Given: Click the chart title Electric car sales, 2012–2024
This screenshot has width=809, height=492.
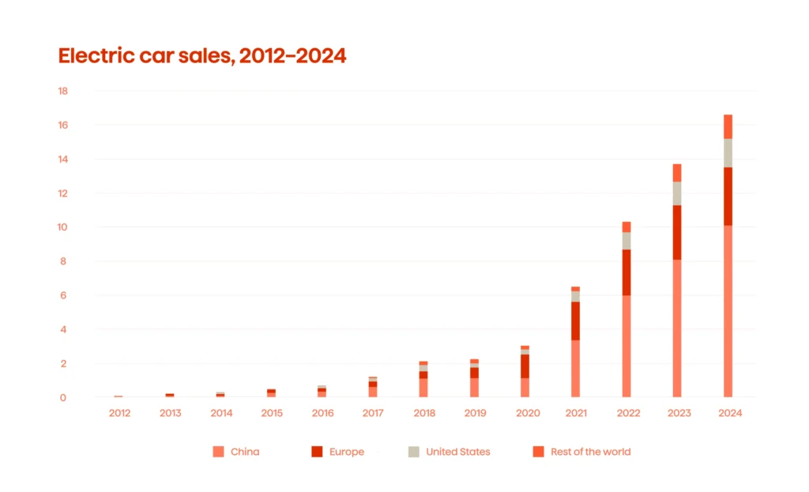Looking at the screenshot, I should coord(202,56).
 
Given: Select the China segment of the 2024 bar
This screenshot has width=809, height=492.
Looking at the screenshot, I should coord(728,311).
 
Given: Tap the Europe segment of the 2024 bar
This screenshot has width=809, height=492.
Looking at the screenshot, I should coord(728,197).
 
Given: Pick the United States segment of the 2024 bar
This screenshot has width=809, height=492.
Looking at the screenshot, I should coord(728,153).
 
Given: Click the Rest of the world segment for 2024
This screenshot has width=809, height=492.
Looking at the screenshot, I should coord(728,126).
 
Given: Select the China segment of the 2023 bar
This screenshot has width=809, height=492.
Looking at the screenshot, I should coord(677,328).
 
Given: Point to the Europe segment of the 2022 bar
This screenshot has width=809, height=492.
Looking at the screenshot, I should coord(627,272).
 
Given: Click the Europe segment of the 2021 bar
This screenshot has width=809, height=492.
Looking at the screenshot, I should coord(575,321).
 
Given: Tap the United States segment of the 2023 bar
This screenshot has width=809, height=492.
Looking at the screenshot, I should coord(677,193).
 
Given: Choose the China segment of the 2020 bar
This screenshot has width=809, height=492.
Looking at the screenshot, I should coord(525,387).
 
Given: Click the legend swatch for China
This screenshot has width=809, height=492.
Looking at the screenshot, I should coord(219,452).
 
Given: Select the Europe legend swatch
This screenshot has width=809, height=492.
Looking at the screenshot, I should coord(317,452).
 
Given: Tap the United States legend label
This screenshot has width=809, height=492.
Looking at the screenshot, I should coord(457,452).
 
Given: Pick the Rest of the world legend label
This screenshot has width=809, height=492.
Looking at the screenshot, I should coord(592,452).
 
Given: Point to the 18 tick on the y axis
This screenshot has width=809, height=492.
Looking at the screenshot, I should coord(63,91).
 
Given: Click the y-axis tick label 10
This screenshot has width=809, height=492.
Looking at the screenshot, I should coord(63,227).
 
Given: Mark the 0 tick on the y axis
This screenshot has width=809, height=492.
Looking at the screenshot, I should coord(63,398).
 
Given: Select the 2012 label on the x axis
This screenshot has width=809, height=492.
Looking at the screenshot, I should coord(120,413).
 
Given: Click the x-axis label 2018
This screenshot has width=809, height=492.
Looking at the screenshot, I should coord(423,413).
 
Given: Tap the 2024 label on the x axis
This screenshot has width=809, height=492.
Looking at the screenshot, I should coord(728,413).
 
